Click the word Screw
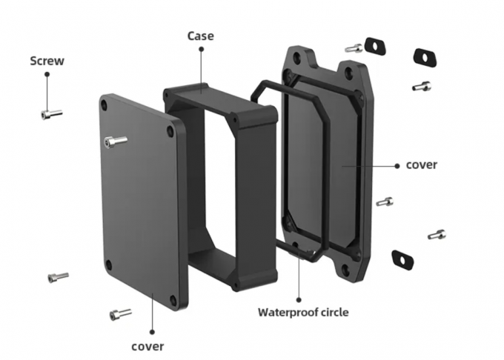pos(47,61)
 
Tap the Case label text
pos(201,35)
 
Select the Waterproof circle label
pos(302,312)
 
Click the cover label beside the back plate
pos(421,164)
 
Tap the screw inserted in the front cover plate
pos(115,141)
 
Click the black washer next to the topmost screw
pos(377,46)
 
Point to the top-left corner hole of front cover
pos(108,106)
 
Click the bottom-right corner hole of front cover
pos(176,300)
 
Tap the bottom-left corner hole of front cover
pos(109,264)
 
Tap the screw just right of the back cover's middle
pos(385,201)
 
